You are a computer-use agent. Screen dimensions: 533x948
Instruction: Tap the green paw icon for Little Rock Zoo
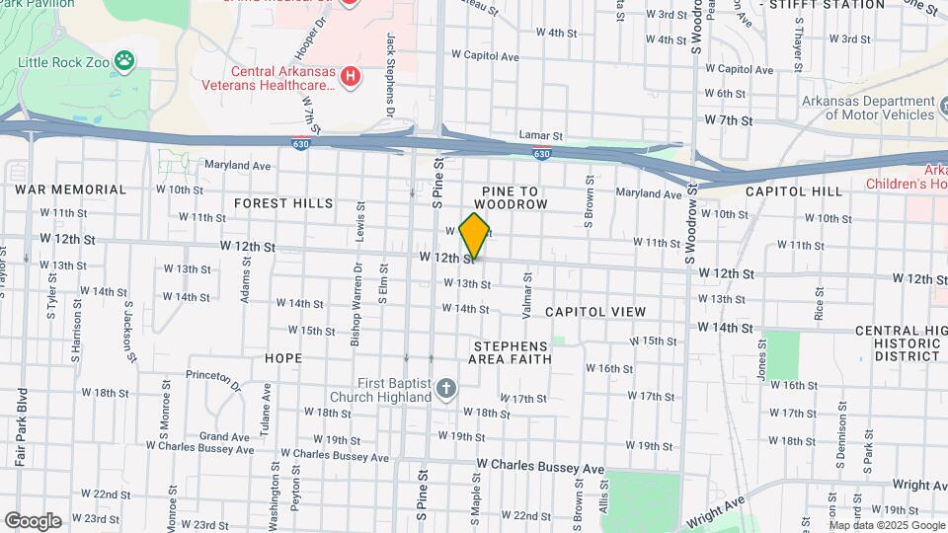(x=123, y=62)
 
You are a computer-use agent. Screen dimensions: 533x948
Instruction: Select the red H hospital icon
(x=349, y=76)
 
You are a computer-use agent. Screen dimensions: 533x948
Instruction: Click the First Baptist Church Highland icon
(x=446, y=388)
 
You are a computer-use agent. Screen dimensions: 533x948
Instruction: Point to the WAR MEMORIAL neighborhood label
(x=70, y=190)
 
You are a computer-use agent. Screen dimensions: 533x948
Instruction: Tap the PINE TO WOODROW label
(x=513, y=195)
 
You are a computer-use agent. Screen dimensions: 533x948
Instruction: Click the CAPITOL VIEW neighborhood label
(x=595, y=312)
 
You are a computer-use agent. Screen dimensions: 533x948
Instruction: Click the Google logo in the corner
(x=33, y=520)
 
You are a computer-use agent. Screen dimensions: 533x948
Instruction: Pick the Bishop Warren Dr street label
(x=355, y=316)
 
